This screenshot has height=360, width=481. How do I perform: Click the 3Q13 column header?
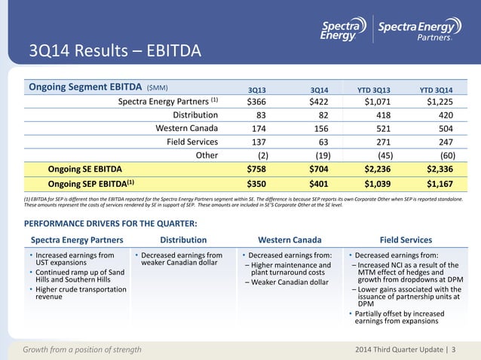258,89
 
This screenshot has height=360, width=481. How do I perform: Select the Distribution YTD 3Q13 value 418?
381,114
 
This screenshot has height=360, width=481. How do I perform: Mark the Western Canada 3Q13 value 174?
256,127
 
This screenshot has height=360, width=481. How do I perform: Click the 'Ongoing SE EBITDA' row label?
84,168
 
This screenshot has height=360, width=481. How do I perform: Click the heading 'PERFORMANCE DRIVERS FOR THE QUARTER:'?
112,224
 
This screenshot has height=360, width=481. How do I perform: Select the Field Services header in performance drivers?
412,239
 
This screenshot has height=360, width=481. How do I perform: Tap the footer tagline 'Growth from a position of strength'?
82,349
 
